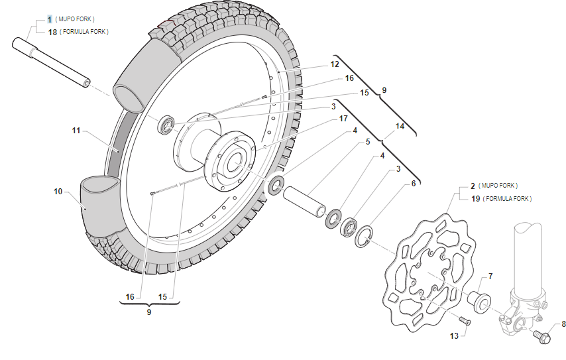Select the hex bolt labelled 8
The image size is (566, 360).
click(543, 337)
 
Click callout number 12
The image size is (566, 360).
click(335, 64)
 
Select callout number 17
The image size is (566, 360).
click(343, 119)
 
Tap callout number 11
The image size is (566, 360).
click(76, 131)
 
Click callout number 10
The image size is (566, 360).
click(58, 192)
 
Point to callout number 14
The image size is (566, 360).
click(400, 125)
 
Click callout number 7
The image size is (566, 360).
click(490, 276)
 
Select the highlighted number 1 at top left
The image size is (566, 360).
click(49, 20)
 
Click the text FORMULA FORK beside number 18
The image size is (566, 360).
click(84, 31)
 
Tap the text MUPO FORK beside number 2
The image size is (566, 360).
click(498, 186)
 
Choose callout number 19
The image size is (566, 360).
click(475, 198)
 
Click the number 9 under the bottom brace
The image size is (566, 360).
click(149, 311)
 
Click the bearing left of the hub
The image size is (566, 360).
click(166, 124)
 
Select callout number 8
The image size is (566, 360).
click(563, 324)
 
